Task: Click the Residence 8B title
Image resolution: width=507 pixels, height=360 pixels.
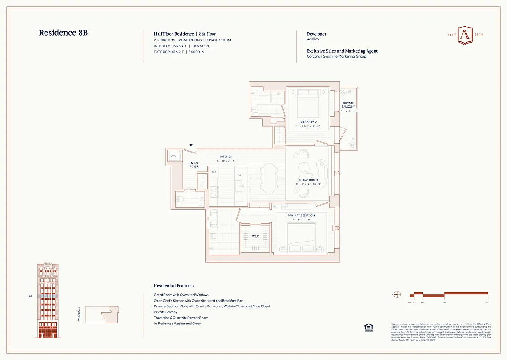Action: (66, 33)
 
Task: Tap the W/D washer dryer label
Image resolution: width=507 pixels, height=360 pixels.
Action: (173, 157)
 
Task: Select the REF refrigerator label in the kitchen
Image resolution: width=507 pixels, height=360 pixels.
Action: (214, 172)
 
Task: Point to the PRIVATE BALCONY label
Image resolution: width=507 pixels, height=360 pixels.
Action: (348, 105)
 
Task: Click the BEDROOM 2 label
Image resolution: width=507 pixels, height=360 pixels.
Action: (308, 122)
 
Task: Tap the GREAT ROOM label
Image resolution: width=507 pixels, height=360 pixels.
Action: (308, 180)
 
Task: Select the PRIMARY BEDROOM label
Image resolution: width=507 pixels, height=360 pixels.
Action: (301, 216)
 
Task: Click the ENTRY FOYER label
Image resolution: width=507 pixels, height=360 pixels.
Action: (194, 165)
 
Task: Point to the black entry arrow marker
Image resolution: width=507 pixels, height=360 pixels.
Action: (191, 145)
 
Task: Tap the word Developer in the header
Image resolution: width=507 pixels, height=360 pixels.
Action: (317, 34)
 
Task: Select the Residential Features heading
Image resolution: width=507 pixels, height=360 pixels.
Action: (174, 286)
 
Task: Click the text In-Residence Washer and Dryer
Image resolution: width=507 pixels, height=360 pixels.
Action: (177, 324)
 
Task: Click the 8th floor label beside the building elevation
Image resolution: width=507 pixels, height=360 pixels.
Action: (31, 297)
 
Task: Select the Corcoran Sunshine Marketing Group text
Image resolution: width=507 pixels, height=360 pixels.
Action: (336, 57)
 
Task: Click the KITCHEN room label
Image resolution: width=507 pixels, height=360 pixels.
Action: (226, 157)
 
